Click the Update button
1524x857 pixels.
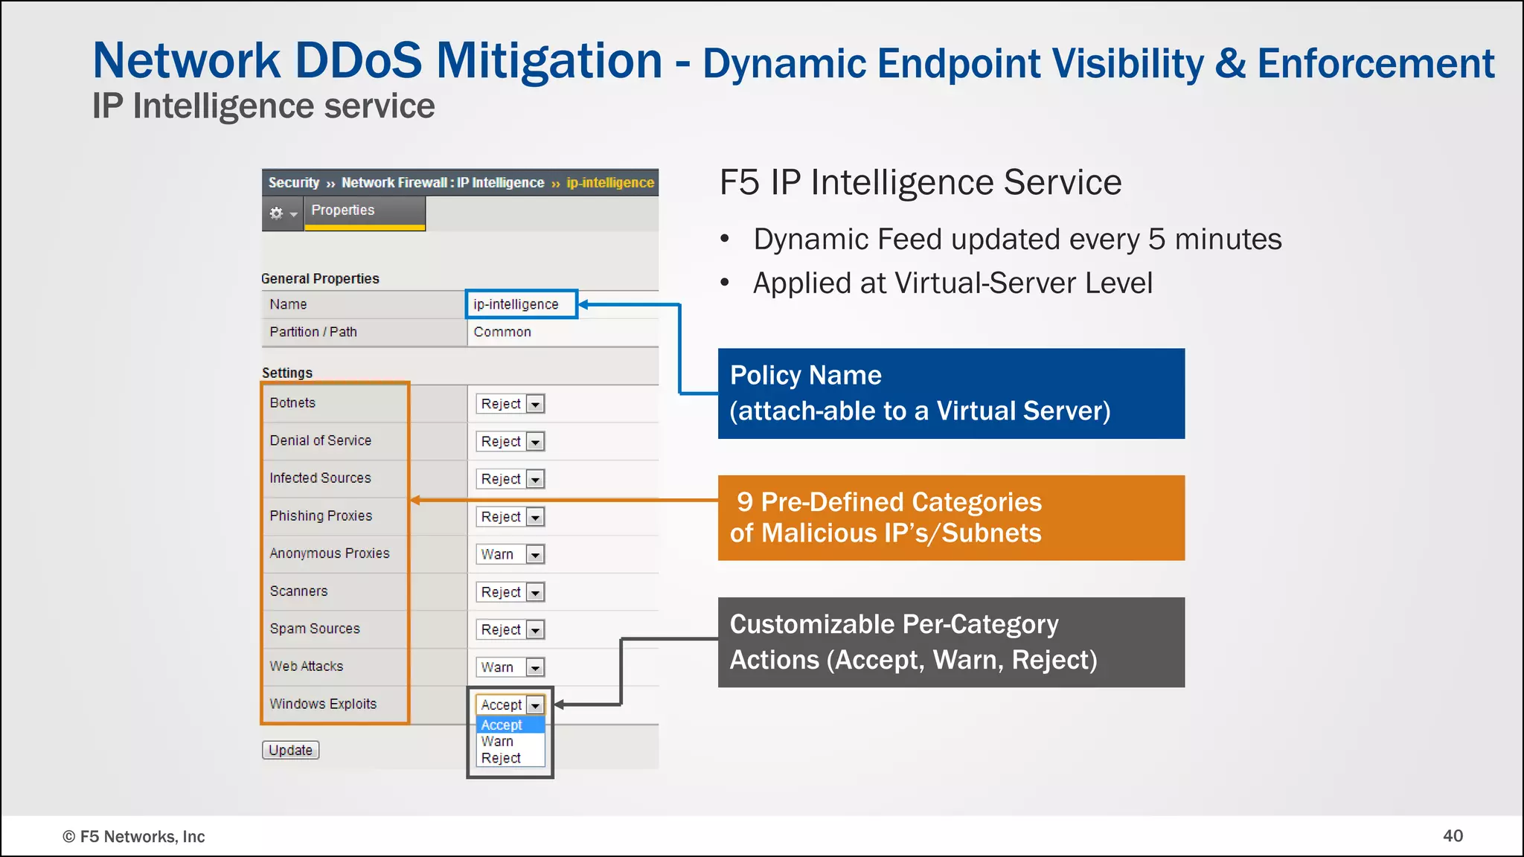(290, 750)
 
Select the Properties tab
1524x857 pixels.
(343, 211)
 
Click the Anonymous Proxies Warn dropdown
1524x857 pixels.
(510, 554)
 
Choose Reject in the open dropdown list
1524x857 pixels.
(501, 758)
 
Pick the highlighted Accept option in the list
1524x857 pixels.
(502, 725)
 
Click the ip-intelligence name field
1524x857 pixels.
(521, 304)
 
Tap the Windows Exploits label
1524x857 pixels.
(323, 704)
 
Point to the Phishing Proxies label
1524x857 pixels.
(321, 516)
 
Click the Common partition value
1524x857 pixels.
(502, 332)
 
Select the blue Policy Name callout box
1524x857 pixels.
(950, 394)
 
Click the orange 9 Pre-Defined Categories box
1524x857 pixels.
(950, 518)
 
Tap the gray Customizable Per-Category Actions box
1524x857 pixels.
(950, 642)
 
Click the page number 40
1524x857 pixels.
(1453, 835)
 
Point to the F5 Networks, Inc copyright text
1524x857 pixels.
(134, 836)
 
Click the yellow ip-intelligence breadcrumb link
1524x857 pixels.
(609, 183)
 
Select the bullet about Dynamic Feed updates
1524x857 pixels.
(1016, 240)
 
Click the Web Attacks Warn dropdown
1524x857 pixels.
(510, 667)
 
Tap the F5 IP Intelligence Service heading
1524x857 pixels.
(920, 182)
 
